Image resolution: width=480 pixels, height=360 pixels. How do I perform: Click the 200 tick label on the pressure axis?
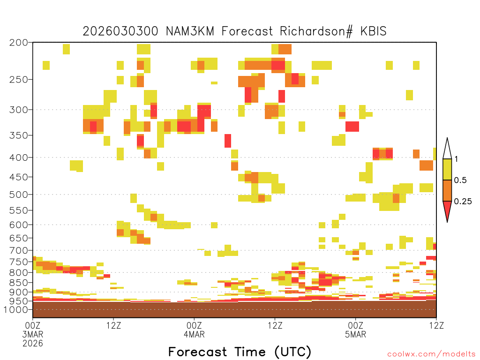[19, 43]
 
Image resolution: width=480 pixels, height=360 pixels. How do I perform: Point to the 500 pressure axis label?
[19, 195]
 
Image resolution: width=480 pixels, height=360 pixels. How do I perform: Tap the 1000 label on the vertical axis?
[16, 309]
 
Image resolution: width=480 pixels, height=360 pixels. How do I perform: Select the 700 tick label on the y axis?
[19, 250]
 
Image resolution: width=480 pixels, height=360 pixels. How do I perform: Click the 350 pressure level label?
[19, 135]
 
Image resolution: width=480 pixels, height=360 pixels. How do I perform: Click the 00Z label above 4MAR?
[194, 325]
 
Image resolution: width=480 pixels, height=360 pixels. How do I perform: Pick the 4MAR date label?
[194, 334]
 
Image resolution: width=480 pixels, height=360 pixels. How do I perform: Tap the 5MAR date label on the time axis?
[355, 334]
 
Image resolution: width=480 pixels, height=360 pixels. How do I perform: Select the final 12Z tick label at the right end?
[436, 325]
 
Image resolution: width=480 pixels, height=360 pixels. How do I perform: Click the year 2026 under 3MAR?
[33, 344]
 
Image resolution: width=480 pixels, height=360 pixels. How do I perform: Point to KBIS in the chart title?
[374, 31]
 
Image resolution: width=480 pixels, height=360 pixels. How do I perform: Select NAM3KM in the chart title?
[190, 31]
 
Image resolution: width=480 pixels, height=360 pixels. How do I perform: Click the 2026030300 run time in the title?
[120, 31]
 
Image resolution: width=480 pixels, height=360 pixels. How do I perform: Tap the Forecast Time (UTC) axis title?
[240, 352]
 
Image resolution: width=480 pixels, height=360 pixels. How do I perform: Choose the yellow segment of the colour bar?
[447, 169]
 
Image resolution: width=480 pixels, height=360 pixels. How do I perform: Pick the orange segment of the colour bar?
[447, 190]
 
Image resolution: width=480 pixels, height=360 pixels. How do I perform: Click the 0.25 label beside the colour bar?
[463, 202]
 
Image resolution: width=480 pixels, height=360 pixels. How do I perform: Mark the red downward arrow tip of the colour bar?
[447, 222]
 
